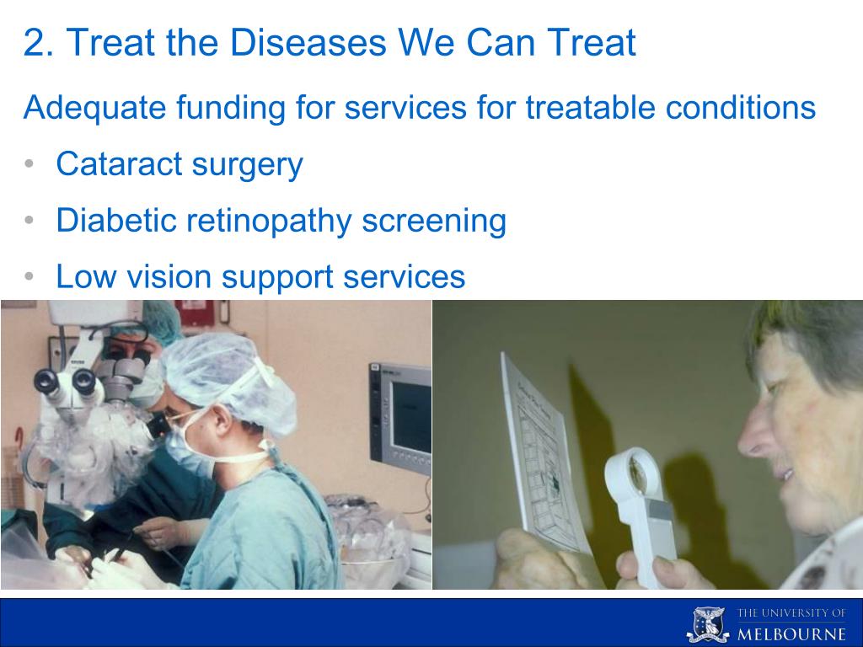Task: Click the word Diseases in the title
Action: point(308,42)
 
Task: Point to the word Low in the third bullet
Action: point(86,275)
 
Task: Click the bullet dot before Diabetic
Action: point(29,220)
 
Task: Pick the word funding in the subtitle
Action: point(231,107)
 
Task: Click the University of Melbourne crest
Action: point(708,624)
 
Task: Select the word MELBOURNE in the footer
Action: point(791,634)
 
